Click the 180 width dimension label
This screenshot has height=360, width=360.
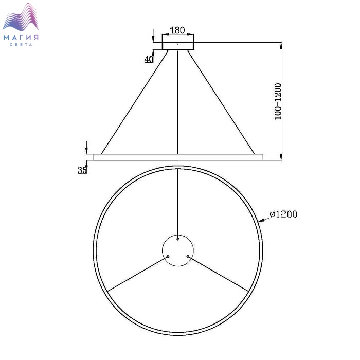(177, 30)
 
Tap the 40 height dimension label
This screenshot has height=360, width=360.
(149, 59)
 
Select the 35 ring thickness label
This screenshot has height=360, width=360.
(82, 170)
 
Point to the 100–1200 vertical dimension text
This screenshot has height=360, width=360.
(278, 101)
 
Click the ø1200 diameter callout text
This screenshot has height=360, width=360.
(283, 214)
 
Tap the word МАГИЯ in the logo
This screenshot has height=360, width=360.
(21, 38)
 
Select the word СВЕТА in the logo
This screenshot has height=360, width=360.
(21, 45)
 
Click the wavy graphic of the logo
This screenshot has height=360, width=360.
(21, 17)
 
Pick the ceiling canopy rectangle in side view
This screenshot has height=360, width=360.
(178, 46)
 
